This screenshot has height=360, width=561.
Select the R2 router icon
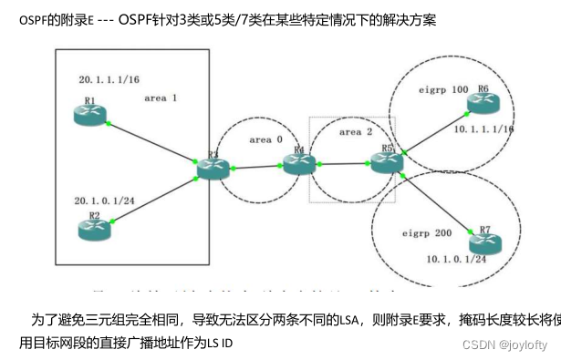pos(93,229)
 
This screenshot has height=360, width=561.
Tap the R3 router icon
pos(212,168)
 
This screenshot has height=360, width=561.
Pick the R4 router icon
pos(297,164)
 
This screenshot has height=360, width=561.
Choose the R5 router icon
pos(387,162)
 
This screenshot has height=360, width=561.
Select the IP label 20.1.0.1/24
pos(105,199)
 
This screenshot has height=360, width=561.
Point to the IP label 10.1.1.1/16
pos(484,130)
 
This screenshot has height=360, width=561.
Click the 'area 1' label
pos(161,97)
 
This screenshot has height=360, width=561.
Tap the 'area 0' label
pos(265,139)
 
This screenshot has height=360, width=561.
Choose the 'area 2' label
pos(356,131)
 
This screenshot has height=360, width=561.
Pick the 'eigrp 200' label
pos(426,234)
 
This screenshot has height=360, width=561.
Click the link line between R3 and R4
pos(255,167)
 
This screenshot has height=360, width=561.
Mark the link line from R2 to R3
pos(152,199)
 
